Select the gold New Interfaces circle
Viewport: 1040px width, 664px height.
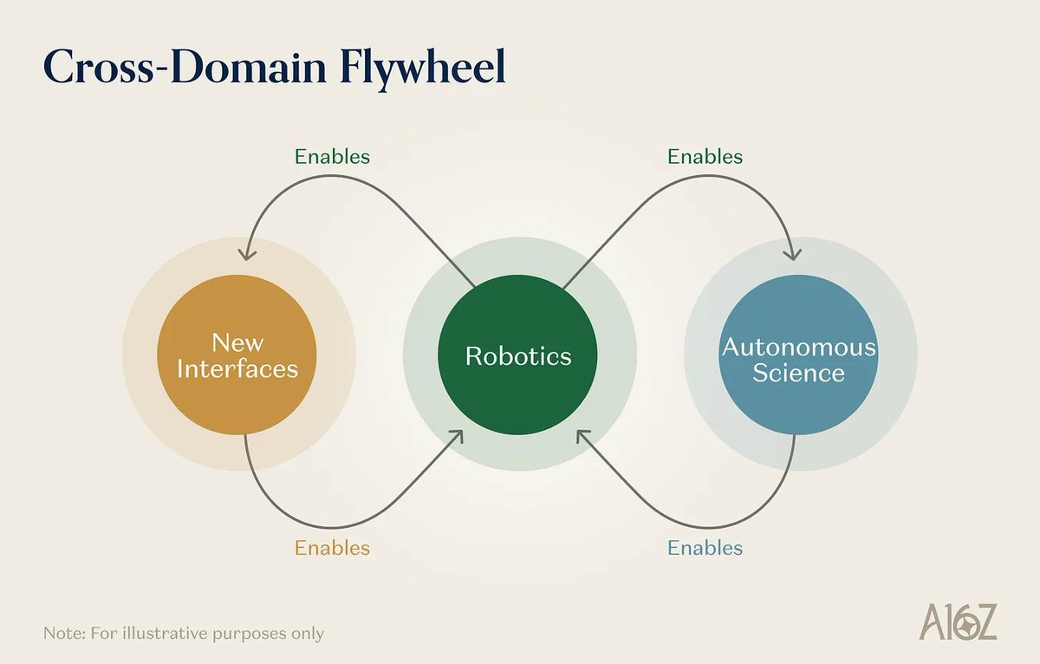[237, 355]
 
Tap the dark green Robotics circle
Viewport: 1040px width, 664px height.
[518, 355]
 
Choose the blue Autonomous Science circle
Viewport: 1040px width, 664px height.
[798, 355]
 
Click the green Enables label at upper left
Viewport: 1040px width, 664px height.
[332, 157]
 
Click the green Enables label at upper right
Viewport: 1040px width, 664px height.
[705, 157]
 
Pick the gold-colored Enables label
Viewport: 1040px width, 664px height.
[332, 548]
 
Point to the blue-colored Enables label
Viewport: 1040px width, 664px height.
[705, 548]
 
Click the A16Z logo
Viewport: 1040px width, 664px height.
[958, 622]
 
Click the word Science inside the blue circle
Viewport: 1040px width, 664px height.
[798, 374]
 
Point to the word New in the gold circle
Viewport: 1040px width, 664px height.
[237, 342]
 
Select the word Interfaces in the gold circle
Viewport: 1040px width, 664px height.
[237, 369]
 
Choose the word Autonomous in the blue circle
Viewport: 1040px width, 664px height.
[798, 348]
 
